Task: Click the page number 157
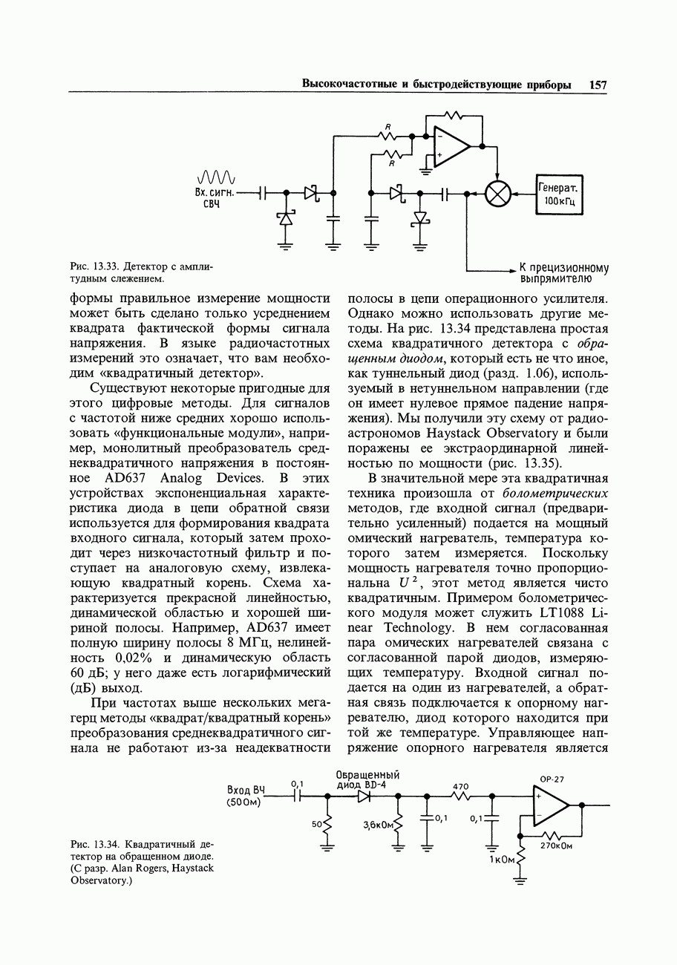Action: pyautogui.click(x=598, y=85)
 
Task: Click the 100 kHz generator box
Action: pyautogui.click(x=560, y=194)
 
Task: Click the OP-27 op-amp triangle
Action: pyautogui.click(x=549, y=805)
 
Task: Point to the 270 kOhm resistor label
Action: pyautogui.click(x=560, y=845)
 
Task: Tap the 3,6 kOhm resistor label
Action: pyautogui.click(x=377, y=825)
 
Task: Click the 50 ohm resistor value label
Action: pyautogui.click(x=316, y=824)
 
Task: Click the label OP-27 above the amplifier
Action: pyautogui.click(x=552, y=779)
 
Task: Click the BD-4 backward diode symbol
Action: pyautogui.click(x=364, y=796)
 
